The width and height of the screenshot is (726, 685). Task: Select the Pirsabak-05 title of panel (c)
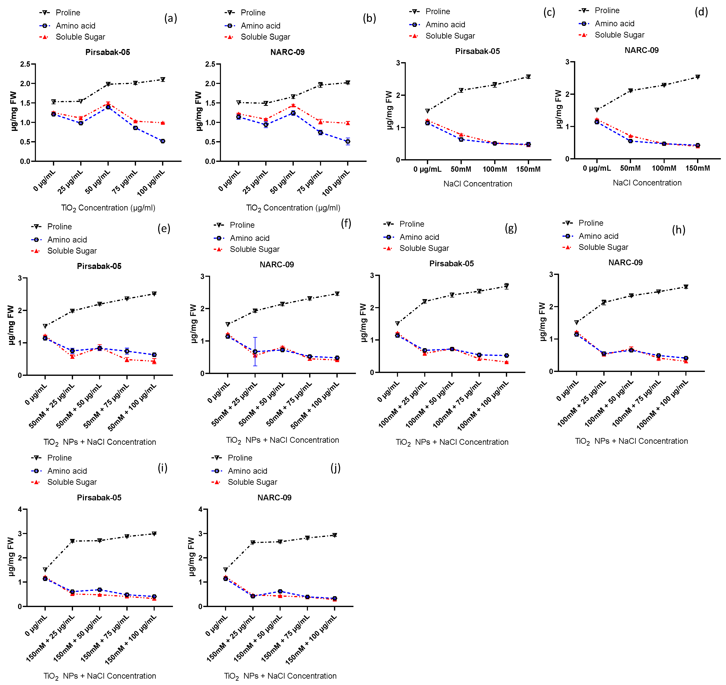(x=477, y=51)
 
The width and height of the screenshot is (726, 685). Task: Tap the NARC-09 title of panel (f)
(x=277, y=264)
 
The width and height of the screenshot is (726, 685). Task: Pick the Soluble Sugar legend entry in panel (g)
(x=424, y=248)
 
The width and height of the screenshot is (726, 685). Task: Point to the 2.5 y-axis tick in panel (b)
(x=210, y=64)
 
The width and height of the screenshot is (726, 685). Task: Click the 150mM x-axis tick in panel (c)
(x=528, y=169)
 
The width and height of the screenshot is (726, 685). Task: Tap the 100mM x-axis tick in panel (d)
(x=664, y=168)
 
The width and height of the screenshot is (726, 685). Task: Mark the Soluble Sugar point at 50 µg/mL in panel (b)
(x=293, y=105)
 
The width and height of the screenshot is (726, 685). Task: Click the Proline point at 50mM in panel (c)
(x=461, y=90)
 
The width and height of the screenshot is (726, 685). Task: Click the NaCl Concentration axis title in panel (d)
(x=647, y=183)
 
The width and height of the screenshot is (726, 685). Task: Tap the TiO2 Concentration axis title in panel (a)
(x=108, y=208)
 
